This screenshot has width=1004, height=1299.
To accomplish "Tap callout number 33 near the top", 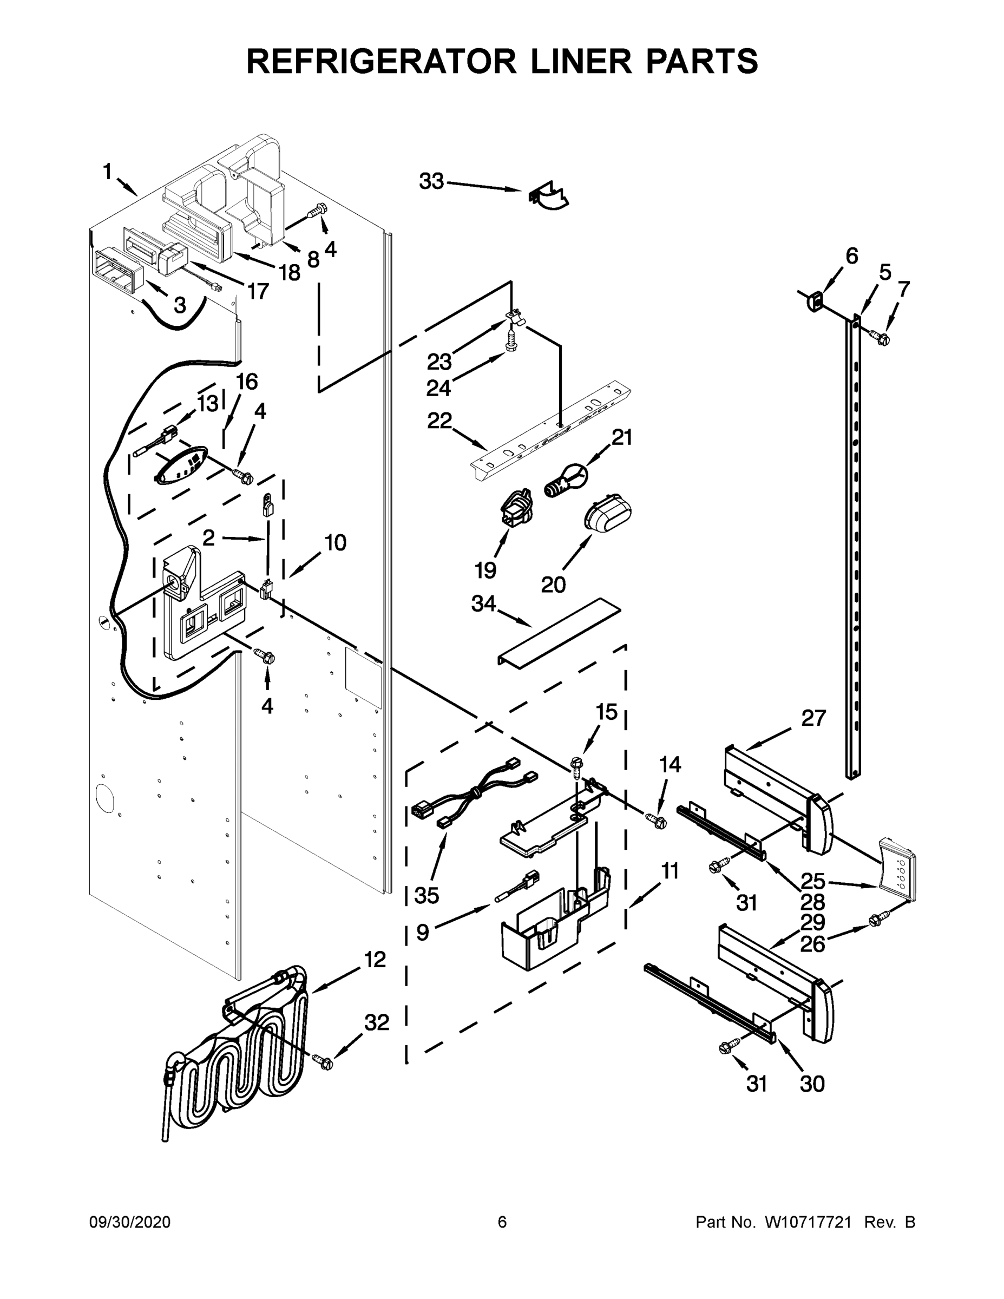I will tap(431, 181).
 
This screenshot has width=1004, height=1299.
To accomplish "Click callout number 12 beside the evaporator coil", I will tap(375, 960).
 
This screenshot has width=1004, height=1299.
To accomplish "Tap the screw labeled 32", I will tap(323, 1060).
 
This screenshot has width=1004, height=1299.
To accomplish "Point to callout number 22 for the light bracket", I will tap(439, 421).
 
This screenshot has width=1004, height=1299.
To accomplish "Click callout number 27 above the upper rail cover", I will tap(813, 718).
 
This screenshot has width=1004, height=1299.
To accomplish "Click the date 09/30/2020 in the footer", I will tap(130, 1222).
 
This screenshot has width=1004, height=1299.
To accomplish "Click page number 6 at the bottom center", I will tap(502, 1222).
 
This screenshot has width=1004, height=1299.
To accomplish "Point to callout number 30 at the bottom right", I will tap(812, 1084).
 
